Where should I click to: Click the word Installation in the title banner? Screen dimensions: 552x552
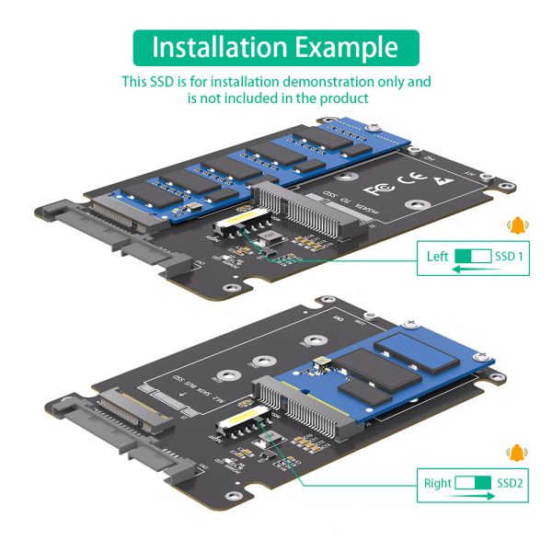(x=218, y=47)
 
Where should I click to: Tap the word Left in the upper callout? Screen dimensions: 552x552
(x=438, y=257)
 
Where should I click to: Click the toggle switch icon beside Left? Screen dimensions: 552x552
(x=473, y=257)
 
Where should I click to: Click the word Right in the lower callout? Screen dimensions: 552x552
(x=438, y=482)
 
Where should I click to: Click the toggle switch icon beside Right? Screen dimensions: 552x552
(x=473, y=482)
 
